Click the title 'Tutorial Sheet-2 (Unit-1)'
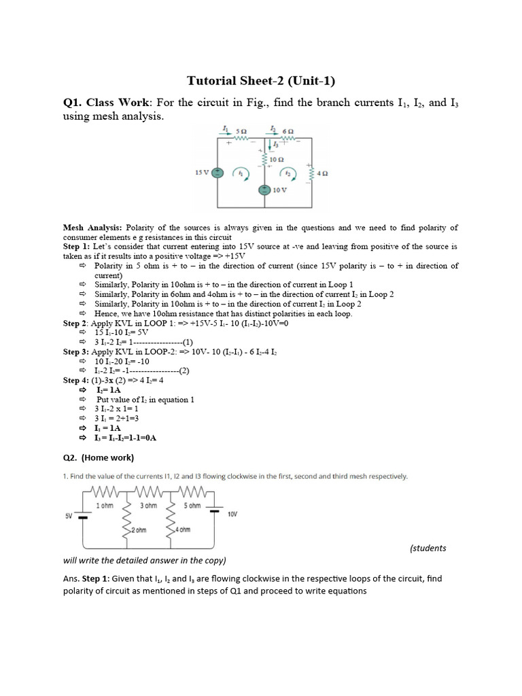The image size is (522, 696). coord(261,81)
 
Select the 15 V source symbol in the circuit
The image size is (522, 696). coord(217,173)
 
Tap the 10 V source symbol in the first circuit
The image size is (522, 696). coord(264,190)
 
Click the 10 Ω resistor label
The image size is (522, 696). coord(276,159)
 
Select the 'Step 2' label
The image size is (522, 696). coord(75,324)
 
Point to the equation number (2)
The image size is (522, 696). coord(184,370)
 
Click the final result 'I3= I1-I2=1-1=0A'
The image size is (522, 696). coord(126,437)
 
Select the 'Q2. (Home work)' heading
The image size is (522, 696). coord(99,457)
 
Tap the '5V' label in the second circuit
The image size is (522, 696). coord(69,516)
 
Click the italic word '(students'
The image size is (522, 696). coord(428,548)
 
